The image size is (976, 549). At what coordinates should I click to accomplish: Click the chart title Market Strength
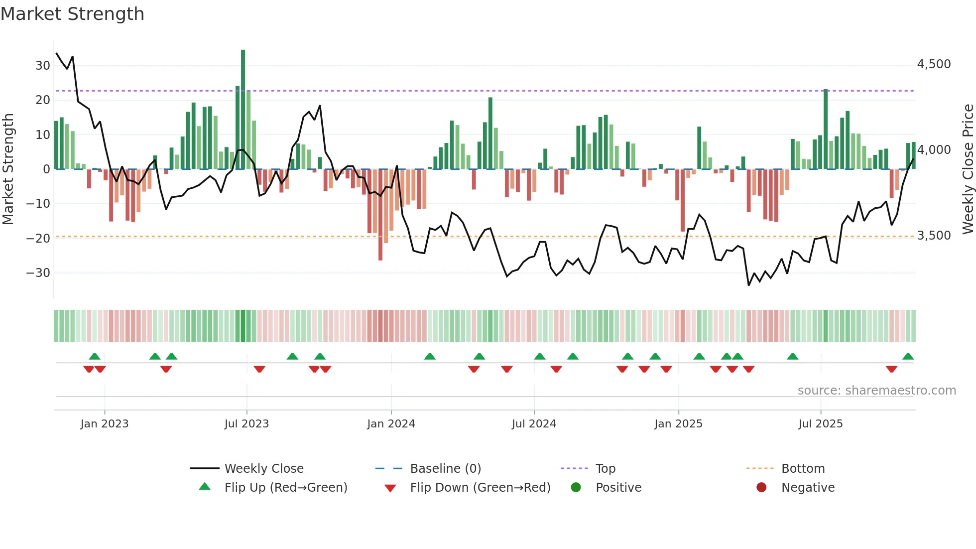[x=72, y=14]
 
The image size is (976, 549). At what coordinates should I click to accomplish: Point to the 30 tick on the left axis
[x=42, y=65]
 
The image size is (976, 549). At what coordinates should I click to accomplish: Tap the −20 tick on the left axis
[x=38, y=238]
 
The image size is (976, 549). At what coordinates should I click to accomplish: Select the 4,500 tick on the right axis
[x=934, y=64]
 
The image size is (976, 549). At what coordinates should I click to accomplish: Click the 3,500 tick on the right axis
[x=934, y=236]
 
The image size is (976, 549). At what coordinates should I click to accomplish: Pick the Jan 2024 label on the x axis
[x=391, y=424]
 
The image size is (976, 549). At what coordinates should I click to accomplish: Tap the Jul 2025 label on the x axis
[x=820, y=424]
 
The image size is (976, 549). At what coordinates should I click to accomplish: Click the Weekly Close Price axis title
[x=968, y=169]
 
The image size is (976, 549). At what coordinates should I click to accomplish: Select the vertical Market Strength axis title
[x=8, y=169]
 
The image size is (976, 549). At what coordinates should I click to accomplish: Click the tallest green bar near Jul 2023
[x=243, y=110]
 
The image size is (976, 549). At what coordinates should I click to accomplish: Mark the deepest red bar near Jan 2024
[x=380, y=214]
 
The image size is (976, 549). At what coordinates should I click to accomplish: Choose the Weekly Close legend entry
[x=263, y=469]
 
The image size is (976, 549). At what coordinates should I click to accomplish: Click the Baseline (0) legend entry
[x=445, y=469]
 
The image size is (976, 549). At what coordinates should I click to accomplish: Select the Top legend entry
[x=605, y=469]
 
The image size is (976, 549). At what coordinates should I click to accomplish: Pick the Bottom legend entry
[x=803, y=469]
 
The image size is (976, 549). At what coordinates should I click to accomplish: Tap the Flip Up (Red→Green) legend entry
[x=285, y=488]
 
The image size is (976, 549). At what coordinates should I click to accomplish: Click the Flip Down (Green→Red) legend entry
[x=480, y=488]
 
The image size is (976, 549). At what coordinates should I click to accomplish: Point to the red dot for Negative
[x=761, y=488]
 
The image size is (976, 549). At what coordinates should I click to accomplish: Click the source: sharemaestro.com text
[x=876, y=391]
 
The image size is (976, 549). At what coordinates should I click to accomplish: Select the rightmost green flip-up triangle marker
[x=908, y=357]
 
